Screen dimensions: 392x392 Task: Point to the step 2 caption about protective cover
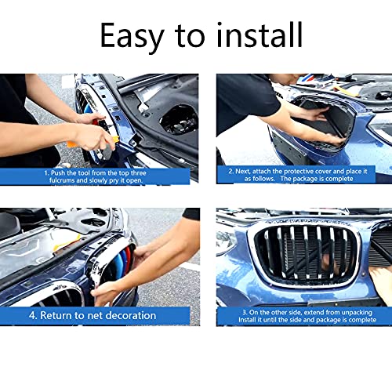tap(302, 174)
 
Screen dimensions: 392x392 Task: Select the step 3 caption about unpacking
tap(302, 316)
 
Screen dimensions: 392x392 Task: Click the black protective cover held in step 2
tap(314, 118)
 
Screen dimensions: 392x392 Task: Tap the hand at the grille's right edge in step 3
tap(380, 278)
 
